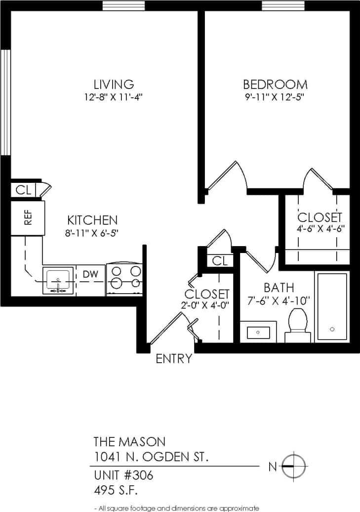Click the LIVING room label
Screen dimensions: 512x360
[x=114, y=84]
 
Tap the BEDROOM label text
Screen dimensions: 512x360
[x=275, y=84]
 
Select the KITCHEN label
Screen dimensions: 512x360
[x=92, y=220]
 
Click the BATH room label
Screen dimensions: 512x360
[x=279, y=288]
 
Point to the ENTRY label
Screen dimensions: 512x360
[x=174, y=359]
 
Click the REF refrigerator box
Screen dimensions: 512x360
[x=28, y=217]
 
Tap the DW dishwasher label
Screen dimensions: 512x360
[x=90, y=274]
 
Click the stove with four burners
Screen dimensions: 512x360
[x=124, y=278]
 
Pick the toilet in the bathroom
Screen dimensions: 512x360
[x=299, y=324]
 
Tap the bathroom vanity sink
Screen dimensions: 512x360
[x=258, y=332]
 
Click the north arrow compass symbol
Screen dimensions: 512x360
[x=294, y=466]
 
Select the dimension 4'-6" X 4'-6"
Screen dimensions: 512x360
[x=320, y=228]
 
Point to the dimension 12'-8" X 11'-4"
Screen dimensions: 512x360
[x=114, y=97]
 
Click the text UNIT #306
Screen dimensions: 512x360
[x=123, y=476]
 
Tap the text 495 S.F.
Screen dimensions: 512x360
[x=115, y=491]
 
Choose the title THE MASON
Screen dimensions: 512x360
[x=129, y=441]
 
